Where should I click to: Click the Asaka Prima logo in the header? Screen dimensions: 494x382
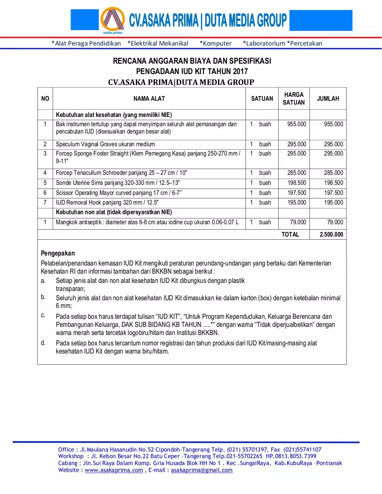click(112, 20)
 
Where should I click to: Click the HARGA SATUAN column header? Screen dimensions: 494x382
click(294, 98)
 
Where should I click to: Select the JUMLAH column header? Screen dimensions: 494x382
click(328, 99)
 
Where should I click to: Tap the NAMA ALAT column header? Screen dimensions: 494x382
click(149, 99)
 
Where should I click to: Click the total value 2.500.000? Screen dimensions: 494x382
click(331, 234)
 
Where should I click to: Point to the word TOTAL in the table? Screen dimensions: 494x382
click(290, 234)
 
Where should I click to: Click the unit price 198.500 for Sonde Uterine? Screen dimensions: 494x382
click(296, 183)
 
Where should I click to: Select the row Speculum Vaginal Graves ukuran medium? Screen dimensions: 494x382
click(105, 144)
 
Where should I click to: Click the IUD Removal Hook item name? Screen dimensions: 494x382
click(107, 203)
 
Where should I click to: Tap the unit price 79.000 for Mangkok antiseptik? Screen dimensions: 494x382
click(298, 222)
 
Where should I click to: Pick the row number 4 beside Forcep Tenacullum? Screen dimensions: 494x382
click(45, 173)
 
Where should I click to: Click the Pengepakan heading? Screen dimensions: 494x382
click(58, 253)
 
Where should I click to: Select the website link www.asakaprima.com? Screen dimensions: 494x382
click(114, 470)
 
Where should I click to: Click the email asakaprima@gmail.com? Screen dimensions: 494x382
click(201, 470)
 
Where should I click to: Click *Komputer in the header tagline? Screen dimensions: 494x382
click(216, 43)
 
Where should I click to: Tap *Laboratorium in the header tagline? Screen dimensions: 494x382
click(264, 43)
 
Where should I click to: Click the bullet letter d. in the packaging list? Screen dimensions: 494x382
click(43, 343)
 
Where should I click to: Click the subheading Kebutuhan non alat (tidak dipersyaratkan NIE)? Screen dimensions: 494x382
click(114, 212)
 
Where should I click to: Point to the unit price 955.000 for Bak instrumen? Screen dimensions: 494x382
click(296, 124)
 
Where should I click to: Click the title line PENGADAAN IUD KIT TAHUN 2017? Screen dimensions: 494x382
click(192, 71)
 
